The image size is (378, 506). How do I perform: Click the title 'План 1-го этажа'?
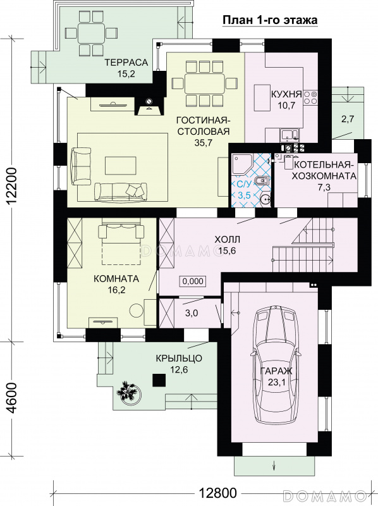[x=270, y=20]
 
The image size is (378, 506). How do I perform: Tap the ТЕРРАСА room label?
[x=126, y=62]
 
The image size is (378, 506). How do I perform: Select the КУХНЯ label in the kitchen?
[x=286, y=94]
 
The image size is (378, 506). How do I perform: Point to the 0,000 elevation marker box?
[x=193, y=281]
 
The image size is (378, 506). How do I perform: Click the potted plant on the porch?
[x=129, y=391]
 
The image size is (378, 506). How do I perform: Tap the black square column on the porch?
[x=159, y=380]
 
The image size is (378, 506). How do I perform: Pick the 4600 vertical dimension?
[x=12, y=398]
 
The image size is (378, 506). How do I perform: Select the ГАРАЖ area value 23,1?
[x=276, y=383]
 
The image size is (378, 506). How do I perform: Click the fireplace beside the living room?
[x=149, y=106]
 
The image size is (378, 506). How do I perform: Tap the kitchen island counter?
[x=262, y=97]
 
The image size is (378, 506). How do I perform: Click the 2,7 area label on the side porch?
[x=348, y=119]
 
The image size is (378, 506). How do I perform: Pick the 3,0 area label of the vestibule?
[x=192, y=313]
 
